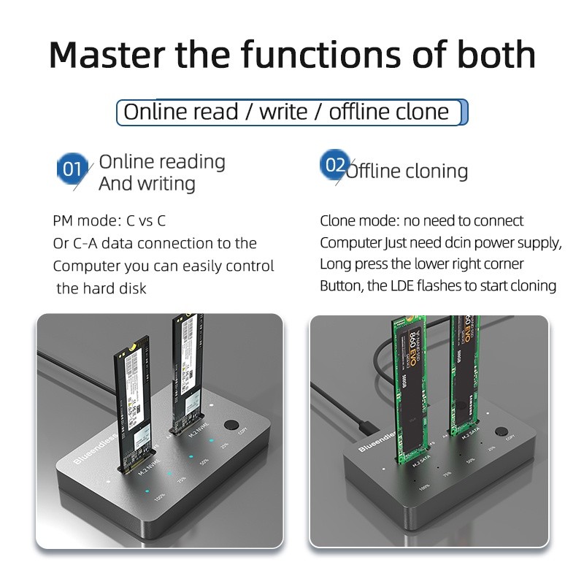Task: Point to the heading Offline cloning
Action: click(x=407, y=171)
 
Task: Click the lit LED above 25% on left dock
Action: click(x=210, y=441)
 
